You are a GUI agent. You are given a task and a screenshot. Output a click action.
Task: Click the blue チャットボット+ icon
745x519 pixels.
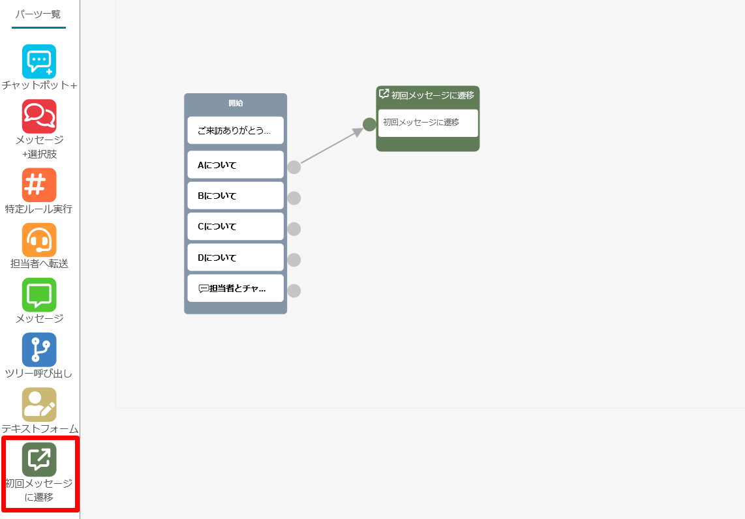pos(39,62)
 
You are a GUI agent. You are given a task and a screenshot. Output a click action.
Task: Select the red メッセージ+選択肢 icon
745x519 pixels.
pos(39,116)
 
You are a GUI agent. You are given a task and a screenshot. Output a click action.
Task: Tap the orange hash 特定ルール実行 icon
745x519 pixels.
pos(39,185)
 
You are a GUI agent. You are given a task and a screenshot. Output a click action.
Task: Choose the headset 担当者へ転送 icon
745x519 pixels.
pos(39,240)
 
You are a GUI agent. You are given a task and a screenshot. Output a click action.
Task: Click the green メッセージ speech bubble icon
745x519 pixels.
pos(39,295)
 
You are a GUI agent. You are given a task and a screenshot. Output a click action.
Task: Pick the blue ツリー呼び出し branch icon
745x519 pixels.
pos(39,350)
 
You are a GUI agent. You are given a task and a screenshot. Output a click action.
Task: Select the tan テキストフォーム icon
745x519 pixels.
pos(39,404)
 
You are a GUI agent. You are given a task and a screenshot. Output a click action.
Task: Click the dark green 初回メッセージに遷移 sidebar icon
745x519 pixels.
pos(39,459)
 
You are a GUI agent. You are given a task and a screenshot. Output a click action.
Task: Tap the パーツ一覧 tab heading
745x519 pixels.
pos(38,14)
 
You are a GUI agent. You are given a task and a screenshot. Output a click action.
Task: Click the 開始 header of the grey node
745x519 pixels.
pos(236,103)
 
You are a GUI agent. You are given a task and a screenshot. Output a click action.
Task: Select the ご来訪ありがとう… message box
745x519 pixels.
pos(236,130)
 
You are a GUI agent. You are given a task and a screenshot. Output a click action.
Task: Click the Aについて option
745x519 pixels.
pos(236,165)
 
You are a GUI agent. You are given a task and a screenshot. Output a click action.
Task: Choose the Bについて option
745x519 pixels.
pos(236,196)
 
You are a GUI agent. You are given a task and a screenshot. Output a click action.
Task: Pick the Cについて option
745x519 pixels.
pos(236,226)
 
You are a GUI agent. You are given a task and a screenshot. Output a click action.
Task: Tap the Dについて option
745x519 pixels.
pos(236,258)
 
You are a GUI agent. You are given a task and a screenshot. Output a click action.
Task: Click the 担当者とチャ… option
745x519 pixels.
pos(236,288)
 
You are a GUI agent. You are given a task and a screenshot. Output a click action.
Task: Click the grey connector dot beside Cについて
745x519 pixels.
pos(294,229)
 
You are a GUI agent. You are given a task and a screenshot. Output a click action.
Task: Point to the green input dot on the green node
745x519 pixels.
pos(369,125)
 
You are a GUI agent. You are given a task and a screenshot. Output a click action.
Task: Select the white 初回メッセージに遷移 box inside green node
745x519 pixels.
pos(428,123)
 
